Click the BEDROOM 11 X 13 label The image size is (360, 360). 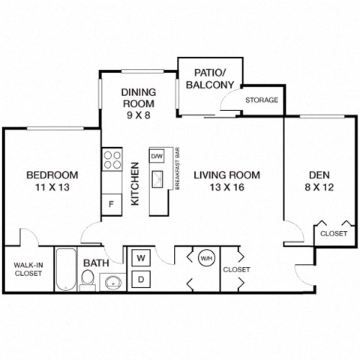[52, 181]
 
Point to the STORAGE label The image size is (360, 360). [262, 100]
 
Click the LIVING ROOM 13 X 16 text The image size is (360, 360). [226, 181]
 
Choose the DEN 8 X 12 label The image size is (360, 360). [319, 181]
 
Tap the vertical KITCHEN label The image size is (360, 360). [135, 184]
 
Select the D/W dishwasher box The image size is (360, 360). [157, 156]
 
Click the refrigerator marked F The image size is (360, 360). [111, 203]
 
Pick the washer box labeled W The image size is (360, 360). [140, 258]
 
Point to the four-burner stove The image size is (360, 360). [112, 160]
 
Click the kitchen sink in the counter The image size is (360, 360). [157, 179]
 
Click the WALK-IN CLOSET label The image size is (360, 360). [28, 268]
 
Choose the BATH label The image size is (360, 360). [95, 263]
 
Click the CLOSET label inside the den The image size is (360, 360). [334, 234]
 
